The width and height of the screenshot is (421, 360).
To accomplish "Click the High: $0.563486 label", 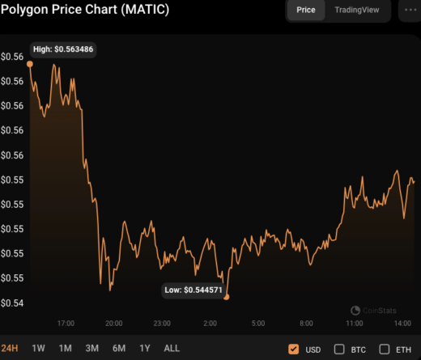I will click(x=63, y=49).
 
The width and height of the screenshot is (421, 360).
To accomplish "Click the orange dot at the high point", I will click(x=30, y=63).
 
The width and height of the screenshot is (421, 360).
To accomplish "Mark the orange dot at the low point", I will click(x=227, y=297).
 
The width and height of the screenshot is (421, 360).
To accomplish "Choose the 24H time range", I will click(x=10, y=349).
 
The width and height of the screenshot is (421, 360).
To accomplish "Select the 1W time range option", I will click(x=38, y=349).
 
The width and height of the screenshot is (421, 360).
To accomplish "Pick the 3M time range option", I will click(x=91, y=349).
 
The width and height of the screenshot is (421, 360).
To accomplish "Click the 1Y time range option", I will click(x=145, y=349).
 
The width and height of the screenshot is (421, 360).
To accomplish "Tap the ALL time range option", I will click(x=172, y=349).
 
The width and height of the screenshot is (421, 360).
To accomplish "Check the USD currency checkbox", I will click(x=293, y=349).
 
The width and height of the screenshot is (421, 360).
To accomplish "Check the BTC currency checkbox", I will click(x=339, y=349).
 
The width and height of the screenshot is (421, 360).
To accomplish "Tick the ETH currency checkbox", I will click(x=385, y=349).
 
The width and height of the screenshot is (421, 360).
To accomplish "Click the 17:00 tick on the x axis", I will click(x=66, y=324).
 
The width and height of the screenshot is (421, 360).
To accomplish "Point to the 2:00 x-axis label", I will click(x=210, y=324).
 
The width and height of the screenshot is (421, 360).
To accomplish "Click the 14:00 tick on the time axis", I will click(x=402, y=324).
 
